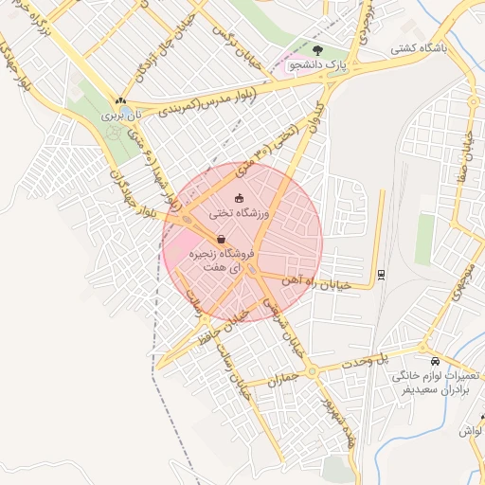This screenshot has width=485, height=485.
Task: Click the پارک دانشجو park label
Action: click(321, 63)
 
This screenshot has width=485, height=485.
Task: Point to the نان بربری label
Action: click(120, 115)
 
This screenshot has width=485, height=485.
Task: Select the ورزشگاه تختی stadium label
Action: click(239, 215)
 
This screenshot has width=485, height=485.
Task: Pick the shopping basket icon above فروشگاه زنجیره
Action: click(221, 239)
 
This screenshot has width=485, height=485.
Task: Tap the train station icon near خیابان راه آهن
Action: click(381, 274)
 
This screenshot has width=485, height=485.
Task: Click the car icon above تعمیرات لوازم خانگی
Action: click(434, 361)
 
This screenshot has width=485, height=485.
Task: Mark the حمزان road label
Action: click(283, 379)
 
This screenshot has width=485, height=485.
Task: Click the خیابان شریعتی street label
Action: click(281, 332)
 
